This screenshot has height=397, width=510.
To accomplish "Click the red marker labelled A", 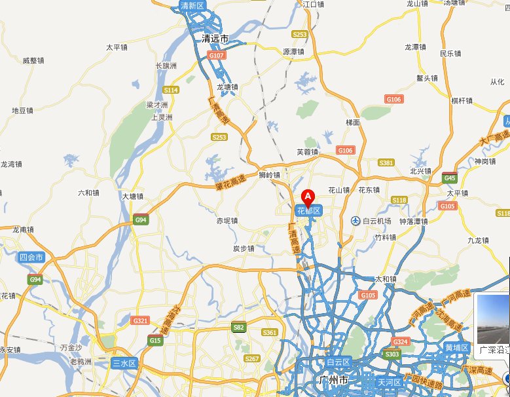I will tap(308, 196).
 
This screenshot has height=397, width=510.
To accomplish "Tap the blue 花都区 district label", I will tap(308, 211).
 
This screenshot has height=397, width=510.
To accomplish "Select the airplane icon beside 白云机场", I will tap(355, 221).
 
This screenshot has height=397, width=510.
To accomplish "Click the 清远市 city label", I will tap(215, 39).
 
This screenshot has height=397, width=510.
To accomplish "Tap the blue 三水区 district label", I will tap(123, 363).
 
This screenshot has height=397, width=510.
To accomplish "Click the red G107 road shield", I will tap(217, 56).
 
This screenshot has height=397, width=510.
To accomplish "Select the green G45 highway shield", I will tap(450, 178).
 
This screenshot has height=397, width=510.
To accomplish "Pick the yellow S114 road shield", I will tap(171, 90).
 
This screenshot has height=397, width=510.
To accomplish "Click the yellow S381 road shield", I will tap(386, 162).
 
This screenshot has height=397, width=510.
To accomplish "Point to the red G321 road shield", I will tap(140, 321).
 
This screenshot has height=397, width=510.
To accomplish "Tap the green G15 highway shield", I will tap(155, 341).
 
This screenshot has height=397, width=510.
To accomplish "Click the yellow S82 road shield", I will tap(239, 327).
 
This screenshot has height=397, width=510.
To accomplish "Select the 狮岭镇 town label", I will tap(269, 176).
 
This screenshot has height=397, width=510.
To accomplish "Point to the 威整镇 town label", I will tap(33, 60).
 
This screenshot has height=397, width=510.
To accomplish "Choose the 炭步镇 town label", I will tap(244, 249).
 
